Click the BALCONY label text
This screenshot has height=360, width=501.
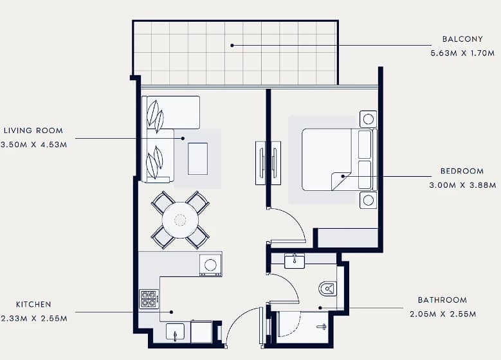coord(462,39)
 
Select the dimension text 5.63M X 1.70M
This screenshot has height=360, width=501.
coord(462,53)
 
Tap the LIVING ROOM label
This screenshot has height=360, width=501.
coord(33,130)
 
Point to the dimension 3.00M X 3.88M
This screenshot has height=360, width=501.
coord(462,185)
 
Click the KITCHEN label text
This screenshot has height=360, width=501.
coord(33,305)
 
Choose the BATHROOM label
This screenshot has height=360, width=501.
coord(442,300)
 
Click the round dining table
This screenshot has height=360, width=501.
coord(180,220)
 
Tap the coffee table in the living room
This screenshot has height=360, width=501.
coord(198,159)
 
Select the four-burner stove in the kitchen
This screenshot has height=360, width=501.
coord(149,300)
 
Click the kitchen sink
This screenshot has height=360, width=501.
coord(175,332)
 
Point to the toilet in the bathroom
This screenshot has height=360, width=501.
coord(327,289)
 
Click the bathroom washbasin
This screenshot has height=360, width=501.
coord(295,261)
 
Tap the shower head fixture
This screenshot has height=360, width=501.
coord(322,327)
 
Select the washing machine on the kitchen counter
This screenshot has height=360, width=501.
coord(210,264)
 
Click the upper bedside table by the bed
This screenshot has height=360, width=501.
coord(368,119)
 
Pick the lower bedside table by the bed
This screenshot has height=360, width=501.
coord(368,201)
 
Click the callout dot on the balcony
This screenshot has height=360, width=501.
coord(232,46)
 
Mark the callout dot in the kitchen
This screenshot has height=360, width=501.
coord(172,312)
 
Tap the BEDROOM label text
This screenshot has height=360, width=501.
coord(462,171)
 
